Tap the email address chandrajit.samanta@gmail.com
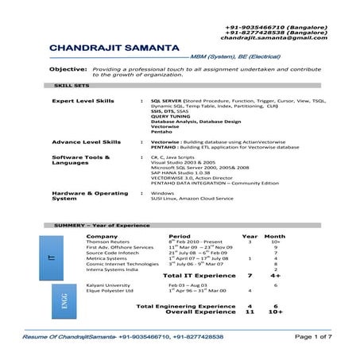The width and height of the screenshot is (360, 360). click(x=273, y=37)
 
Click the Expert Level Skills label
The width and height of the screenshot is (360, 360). click(x=83, y=103)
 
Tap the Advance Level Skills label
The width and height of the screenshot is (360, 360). click(x=86, y=141)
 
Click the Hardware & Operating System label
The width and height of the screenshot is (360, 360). click(x=89, y=195)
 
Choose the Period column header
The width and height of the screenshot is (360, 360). click(x=180, y=236)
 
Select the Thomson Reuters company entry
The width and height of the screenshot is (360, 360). click(x=107, y=242)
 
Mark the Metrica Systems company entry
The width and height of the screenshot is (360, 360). click(x=106, y=258)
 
